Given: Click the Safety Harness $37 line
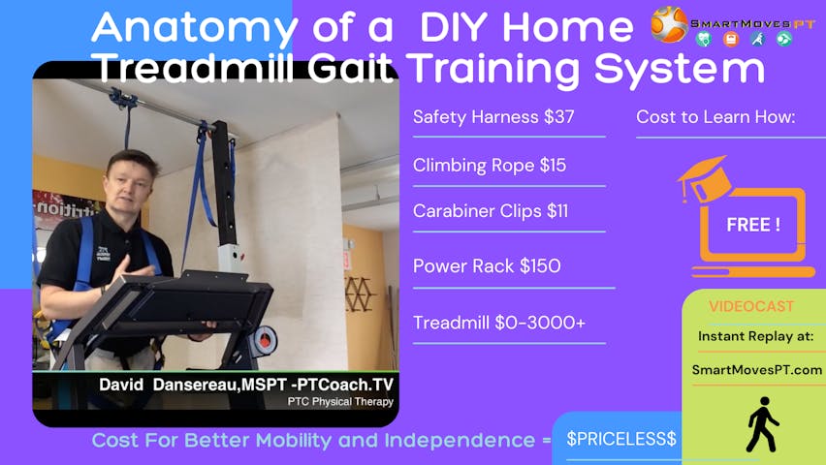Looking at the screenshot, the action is coord(493,117).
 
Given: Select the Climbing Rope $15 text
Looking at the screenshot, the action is coord(490,166).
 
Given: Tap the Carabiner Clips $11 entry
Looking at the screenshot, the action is coord(491,211).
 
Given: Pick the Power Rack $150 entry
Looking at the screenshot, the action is coord(487,266).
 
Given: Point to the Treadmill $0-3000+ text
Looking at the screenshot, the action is coord(499,323).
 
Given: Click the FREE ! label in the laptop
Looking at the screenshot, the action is coord(753,225).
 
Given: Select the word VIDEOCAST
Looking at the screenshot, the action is coord(750,306).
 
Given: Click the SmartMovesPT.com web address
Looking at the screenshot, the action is coord(757,370).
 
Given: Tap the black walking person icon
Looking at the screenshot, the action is coord(762,424).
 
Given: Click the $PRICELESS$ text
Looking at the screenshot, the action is coord(621,439).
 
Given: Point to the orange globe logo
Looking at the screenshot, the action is coord(669,24).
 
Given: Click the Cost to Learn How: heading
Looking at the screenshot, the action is coord(715,117).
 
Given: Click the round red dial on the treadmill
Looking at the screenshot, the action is coord(264,340).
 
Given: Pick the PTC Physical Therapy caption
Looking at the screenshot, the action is coord(340,402).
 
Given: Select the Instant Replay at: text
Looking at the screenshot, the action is coord(756,336).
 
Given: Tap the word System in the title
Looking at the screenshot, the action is coord(680,70).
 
